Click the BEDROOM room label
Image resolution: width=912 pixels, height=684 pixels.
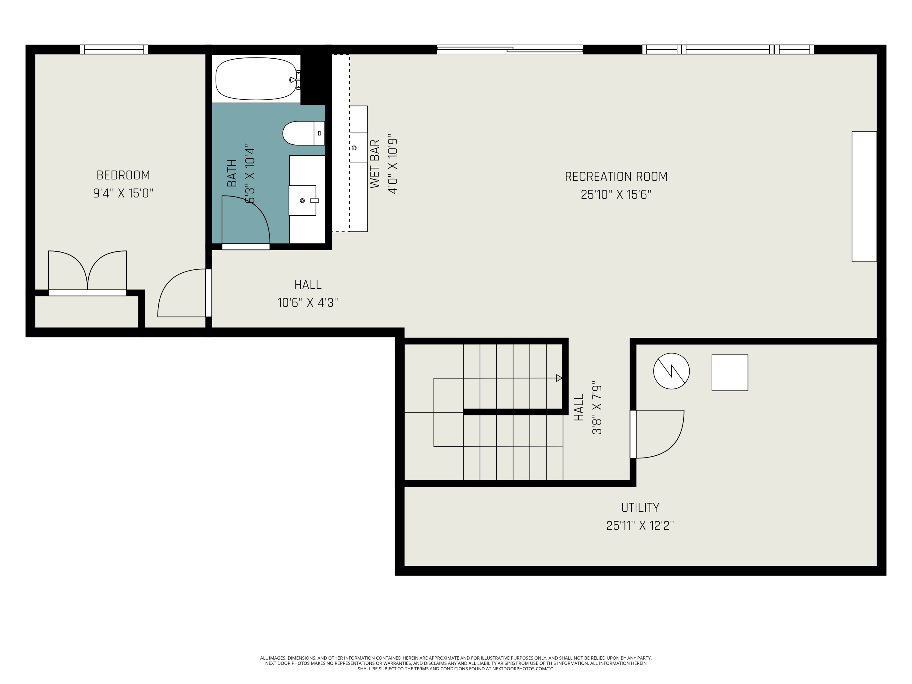click(123, 175)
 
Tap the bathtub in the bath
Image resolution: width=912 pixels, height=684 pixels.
click(256, 79)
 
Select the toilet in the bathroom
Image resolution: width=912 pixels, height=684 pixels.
click(301, 133)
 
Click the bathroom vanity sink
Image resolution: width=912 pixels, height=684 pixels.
click(302, 200)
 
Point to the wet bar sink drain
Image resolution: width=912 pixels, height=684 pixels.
click(354, 148)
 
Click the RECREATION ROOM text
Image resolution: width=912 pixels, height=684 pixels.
click(616, 176)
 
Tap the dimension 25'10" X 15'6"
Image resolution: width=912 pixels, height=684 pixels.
click(616, 195)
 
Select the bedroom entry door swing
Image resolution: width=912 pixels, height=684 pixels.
click(181, 294)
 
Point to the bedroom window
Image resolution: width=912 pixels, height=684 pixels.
click(114, 50)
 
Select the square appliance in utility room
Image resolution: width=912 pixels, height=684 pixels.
click(730, 373)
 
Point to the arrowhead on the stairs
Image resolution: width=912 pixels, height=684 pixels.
click(559, 378)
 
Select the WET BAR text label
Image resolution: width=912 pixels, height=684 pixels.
click(374, 164)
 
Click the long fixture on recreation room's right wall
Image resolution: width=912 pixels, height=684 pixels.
click(864, 197)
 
